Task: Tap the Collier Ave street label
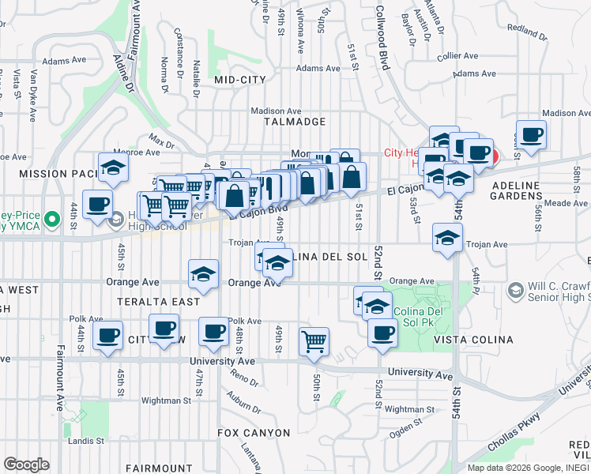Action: (x=458, y=56)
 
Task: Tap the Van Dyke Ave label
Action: (x=34, y=95)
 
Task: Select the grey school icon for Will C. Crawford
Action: (x=517, y=291)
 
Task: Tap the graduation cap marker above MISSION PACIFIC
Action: (x=114, y=168)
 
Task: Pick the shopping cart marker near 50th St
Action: (x=314, y=341)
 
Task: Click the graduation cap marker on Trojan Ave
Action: (x=447, y=238)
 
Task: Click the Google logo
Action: (x=27, y=465)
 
